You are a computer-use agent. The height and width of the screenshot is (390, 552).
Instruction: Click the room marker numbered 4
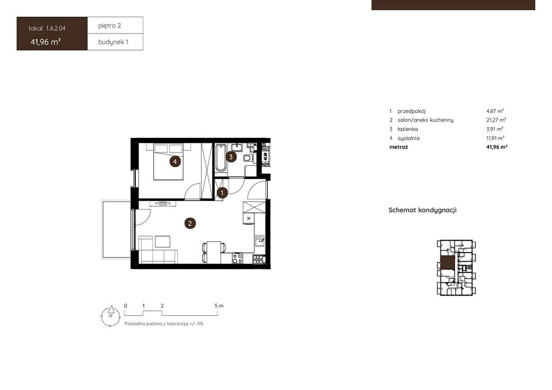click(x=175, y=162)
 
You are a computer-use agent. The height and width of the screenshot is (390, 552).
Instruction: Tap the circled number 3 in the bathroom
click(x=231, y=157)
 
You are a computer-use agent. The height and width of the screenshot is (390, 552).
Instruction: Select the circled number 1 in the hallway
click(x=222, y=193)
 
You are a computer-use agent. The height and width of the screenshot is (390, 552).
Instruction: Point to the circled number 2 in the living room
click(x=190, y=223)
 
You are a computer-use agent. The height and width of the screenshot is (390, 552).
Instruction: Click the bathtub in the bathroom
click(x=221, y=157)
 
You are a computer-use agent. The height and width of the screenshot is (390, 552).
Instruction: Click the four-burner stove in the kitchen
click(x=237, y=258)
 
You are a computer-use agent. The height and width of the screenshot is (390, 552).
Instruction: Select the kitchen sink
click(x=260, y=241)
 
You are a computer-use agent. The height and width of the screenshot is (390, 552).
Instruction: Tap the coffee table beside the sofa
click(x=163, y=242)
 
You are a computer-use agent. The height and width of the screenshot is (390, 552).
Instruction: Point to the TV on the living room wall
click(x=162, y=203)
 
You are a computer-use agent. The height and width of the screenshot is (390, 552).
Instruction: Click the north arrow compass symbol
click(x=111, y=316)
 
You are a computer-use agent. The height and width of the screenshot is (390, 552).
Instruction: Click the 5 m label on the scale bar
click(x=219, y=305)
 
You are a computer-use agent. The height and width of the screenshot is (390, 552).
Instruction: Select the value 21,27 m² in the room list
click(x=496, y=120)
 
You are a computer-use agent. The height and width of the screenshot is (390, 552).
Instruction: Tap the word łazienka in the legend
click(x=408, y=129)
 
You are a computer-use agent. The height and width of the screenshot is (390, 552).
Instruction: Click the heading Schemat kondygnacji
click(x=423, y=210)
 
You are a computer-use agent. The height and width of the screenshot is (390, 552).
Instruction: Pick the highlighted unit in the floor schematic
click(x=447, y=263)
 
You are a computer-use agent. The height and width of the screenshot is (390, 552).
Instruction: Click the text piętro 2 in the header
click(x=109, y=26)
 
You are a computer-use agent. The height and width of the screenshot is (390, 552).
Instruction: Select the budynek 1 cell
click(x=115, y=42)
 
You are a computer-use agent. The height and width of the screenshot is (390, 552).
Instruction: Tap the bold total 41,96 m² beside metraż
click(x=496, y=147)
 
